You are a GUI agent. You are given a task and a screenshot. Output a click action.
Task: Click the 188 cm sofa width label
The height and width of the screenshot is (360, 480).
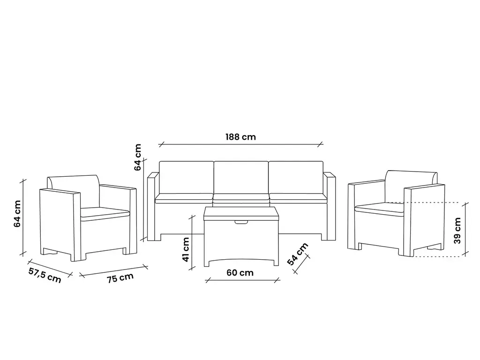[241, 137]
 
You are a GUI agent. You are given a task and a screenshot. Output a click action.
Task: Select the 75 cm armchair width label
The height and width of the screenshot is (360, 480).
[120, 278]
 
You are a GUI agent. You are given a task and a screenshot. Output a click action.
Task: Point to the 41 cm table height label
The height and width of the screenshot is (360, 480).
[186, 249]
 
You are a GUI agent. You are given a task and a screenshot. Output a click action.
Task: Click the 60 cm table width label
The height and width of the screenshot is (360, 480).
[240, 272]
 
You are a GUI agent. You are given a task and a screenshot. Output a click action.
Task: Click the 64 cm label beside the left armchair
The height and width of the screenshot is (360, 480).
[17, 214]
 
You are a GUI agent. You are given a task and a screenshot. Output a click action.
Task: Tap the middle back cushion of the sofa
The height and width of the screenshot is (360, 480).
[241, 177]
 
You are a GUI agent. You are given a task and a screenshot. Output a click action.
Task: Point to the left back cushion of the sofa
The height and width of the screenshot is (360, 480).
[187, 177]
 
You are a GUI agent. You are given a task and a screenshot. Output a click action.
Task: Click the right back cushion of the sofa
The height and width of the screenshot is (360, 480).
[296, 177]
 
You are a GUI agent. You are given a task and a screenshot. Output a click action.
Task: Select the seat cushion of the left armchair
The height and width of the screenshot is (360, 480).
[105, 213]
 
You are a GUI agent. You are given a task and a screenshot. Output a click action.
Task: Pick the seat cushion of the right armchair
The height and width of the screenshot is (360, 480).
[378, 207]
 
